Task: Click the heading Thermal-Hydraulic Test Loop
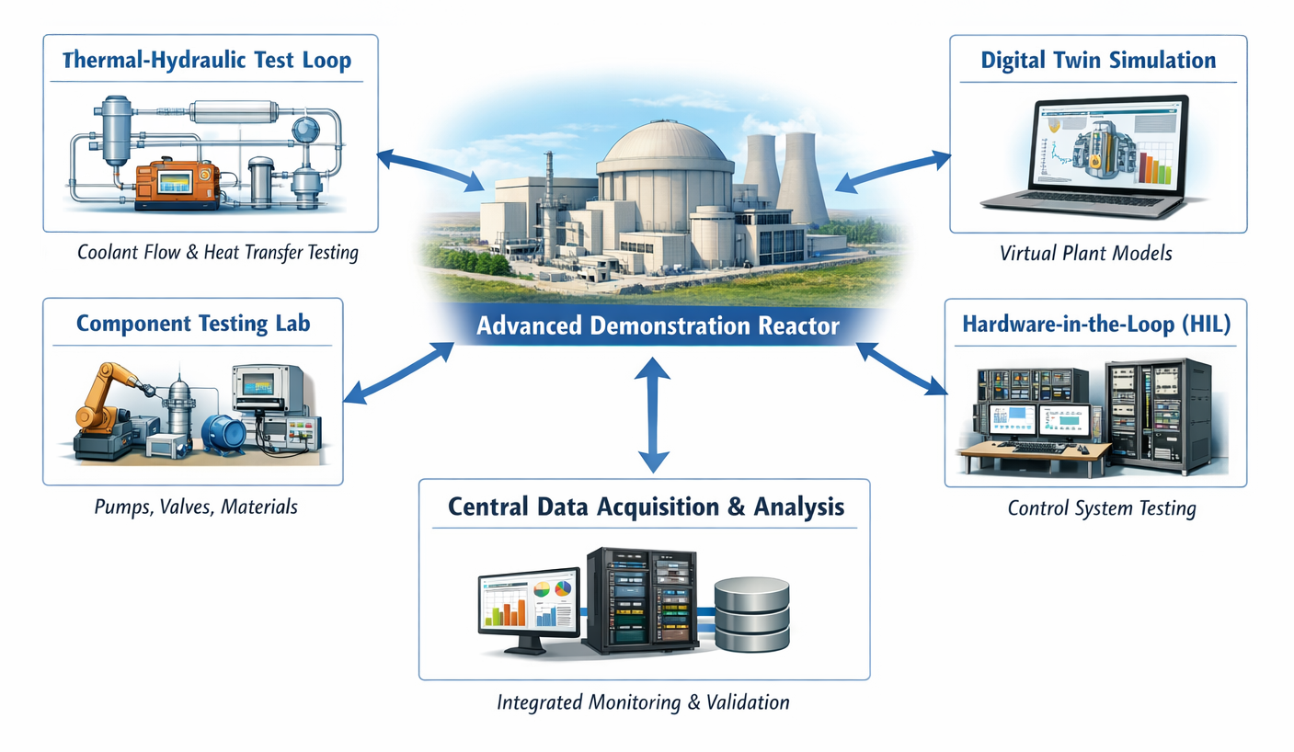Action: point(206,62)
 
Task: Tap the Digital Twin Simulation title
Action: point(1098,61)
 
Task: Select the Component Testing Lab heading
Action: point(193,324)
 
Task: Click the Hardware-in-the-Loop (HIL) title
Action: point(1095,324)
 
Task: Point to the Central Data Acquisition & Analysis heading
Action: point(645,507)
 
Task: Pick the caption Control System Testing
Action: point(1101,507)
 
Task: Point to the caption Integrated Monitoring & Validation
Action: point(643,702)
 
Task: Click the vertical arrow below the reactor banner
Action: point(652,414)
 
